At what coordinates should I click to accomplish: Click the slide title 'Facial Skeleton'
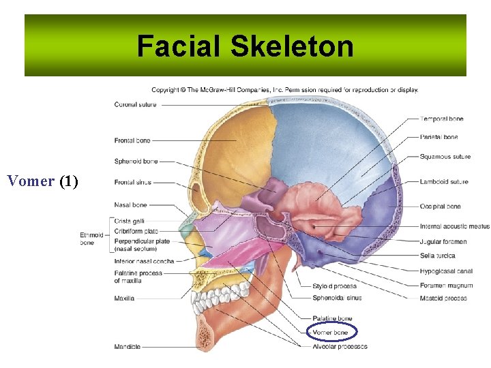click(x=245, y=47)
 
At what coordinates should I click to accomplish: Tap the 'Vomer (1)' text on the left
click(x=42, y=181)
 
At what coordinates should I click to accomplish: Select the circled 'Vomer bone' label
click(x=330, y=333)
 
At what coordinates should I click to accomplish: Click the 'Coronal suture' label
click(x=135, y=105)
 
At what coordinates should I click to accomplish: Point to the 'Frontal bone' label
click(x=132, y=140)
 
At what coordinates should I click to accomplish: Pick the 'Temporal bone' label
click(x=441, y=119)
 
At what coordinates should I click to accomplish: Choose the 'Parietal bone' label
click(x=439, y=137)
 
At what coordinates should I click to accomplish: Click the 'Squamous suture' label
click(x=445, y=157)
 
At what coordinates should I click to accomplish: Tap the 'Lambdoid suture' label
click(x=444, y=182)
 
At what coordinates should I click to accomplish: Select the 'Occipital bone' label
click(x=440, y=206)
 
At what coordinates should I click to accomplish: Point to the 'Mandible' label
click(x=128, y=347)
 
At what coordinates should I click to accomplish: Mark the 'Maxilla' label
click(x=124, y=298)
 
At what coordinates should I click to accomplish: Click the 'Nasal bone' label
click(x=130, y=205)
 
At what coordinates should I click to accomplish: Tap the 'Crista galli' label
click(x=129, y=221)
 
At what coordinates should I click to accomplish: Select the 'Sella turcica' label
click(x=437, y=256)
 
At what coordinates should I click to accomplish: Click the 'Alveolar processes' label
click(x=340, y=346)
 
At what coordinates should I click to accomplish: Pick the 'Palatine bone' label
click(x=332, y=318)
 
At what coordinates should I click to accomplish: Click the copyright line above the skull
click(x=284, y=89)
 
